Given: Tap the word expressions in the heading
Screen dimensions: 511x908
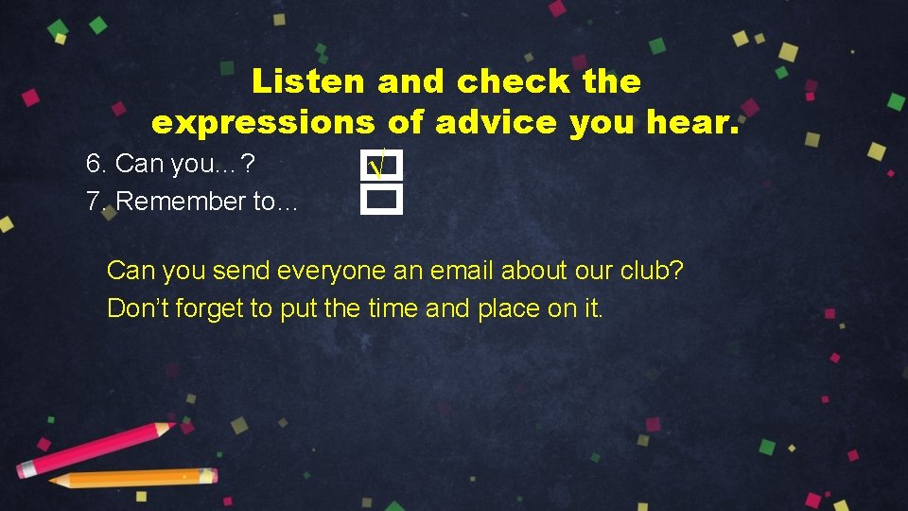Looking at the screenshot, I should [264, 123].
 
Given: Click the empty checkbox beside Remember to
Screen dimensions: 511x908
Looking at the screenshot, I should [381, 200].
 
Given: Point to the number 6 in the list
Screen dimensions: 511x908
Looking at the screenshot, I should [94, 164].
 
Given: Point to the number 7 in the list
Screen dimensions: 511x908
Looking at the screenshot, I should [93, 201].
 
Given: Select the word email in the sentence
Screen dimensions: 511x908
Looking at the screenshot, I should [462, 271].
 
